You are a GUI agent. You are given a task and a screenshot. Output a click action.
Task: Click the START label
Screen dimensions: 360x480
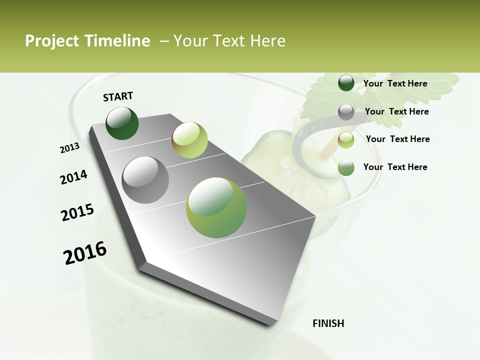[x=118, y=96]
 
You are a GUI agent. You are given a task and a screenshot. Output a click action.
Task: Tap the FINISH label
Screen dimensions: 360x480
[x=328, y=323]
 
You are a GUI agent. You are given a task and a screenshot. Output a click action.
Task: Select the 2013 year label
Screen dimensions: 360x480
[x=69, y=147]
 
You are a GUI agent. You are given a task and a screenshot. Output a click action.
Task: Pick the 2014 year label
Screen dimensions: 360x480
[x=73, y=177]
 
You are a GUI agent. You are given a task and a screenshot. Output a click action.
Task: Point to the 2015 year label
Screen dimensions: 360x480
[x=77, y=212]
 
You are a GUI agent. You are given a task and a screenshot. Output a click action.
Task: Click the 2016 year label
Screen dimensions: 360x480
[x=85, y=252]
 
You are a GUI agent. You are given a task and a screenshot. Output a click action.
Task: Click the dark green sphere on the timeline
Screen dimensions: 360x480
[x=122, y=123]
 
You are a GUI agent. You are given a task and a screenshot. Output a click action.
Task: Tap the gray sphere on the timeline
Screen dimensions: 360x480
[x=145, y=180]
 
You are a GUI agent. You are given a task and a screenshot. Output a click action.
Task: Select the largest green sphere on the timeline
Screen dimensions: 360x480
[x=216, y=207]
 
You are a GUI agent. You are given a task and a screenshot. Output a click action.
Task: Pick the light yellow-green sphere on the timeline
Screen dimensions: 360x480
[x=189, y=140]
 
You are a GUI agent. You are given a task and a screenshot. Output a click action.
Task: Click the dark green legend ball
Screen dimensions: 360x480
[x=346, y=83]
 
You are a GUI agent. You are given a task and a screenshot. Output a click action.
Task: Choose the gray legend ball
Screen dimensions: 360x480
[x=346, y=112]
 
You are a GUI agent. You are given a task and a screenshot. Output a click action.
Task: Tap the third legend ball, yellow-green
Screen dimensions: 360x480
[x=346, y=139]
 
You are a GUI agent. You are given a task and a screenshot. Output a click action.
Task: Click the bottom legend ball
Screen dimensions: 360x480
[x=346, y=167]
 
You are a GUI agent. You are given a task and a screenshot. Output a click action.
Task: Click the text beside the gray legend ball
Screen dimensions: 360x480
[x=396, y=111]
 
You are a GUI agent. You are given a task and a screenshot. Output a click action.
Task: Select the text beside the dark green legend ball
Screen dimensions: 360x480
[x=395, y=83]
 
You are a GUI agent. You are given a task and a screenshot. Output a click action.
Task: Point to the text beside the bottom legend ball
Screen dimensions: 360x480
[x=395, y=167]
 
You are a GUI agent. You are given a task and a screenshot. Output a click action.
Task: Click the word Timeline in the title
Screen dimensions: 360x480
[x=118, y=41]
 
